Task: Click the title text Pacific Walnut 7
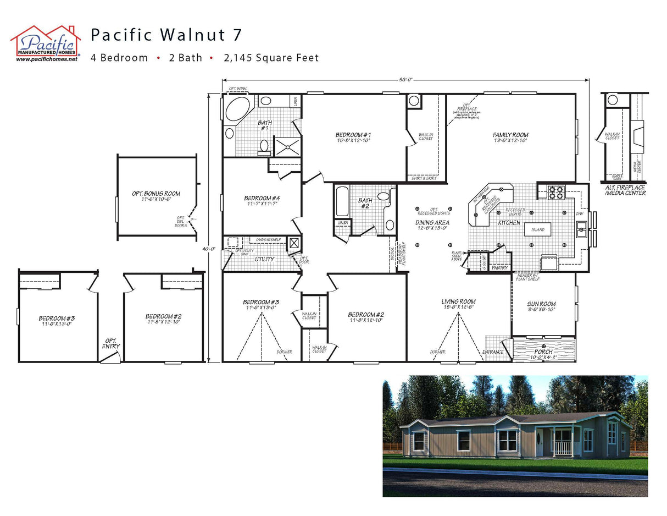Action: point(166,35)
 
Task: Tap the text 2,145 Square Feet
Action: point(271,58)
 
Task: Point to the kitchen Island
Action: point(537,229)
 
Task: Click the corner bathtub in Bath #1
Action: point(237,109)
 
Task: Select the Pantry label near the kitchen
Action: point(499,268)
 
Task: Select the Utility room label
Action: point(264,259)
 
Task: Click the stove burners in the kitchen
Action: point(556,193)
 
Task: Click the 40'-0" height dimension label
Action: point(208,249)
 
